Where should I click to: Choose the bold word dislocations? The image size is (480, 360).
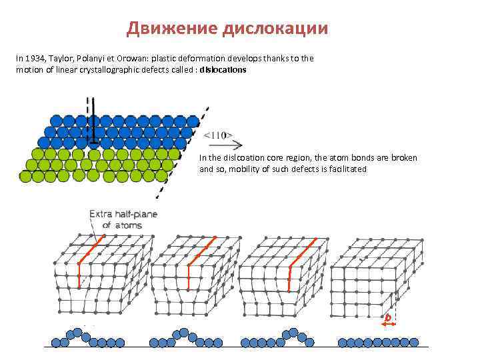click(223, 70)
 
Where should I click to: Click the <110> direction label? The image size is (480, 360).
click(218, 135)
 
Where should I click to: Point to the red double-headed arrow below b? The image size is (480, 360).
click(389, 324)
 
